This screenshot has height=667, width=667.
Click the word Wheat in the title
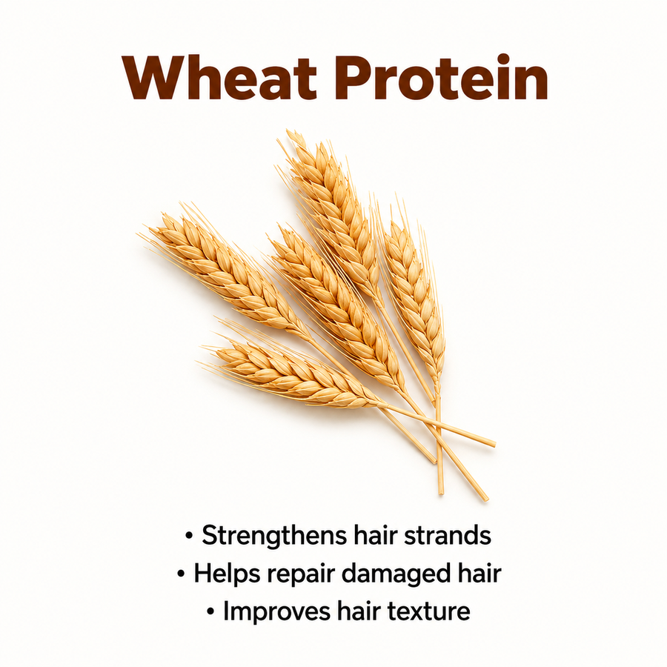[x=219, y=77]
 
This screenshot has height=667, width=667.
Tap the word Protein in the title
[x=441, y=77]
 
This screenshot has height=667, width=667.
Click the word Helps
[x=227, y=574]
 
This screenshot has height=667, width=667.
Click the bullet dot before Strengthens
[x=189, y=536]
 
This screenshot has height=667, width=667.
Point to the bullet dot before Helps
[x=182, y=574]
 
